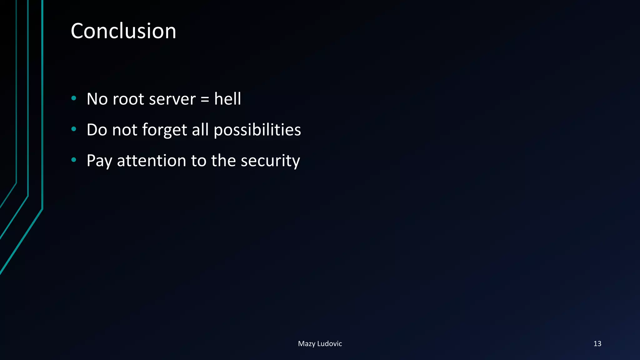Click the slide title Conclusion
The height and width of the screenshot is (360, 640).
pyautogui.click(x=123, y=31)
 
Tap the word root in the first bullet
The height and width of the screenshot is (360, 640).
pyautogui.click(x=128, y=99)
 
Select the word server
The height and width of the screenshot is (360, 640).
pyautogui.click(x=172, y=99)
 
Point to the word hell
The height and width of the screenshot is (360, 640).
pyautogui.click(x=227, y=99)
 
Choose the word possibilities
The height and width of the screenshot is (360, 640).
pyautogui.click(x=257, y=130)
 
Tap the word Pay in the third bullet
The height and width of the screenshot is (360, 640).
pyautogui.click(x=99, y=161)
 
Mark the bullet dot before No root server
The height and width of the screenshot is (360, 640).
pyautogui.click(x=74, y=98)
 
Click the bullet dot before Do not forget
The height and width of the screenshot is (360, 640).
pyautogui.click(x=74, y=129)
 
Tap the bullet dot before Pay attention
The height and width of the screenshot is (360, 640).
pyautogui.click(x=74, y=160)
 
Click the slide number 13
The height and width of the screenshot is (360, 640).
pyautogui.click(x=597, y=343)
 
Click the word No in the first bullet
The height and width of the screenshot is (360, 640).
pyautogui.click(x=97, y=99)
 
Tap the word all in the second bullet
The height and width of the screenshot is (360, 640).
pyautogui.click(x=200, y=130)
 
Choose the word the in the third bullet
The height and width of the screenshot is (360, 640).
pyautogui.click(x=223, y=161)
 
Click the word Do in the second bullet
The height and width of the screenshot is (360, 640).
pyautogui.click(x=97, y=130)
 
